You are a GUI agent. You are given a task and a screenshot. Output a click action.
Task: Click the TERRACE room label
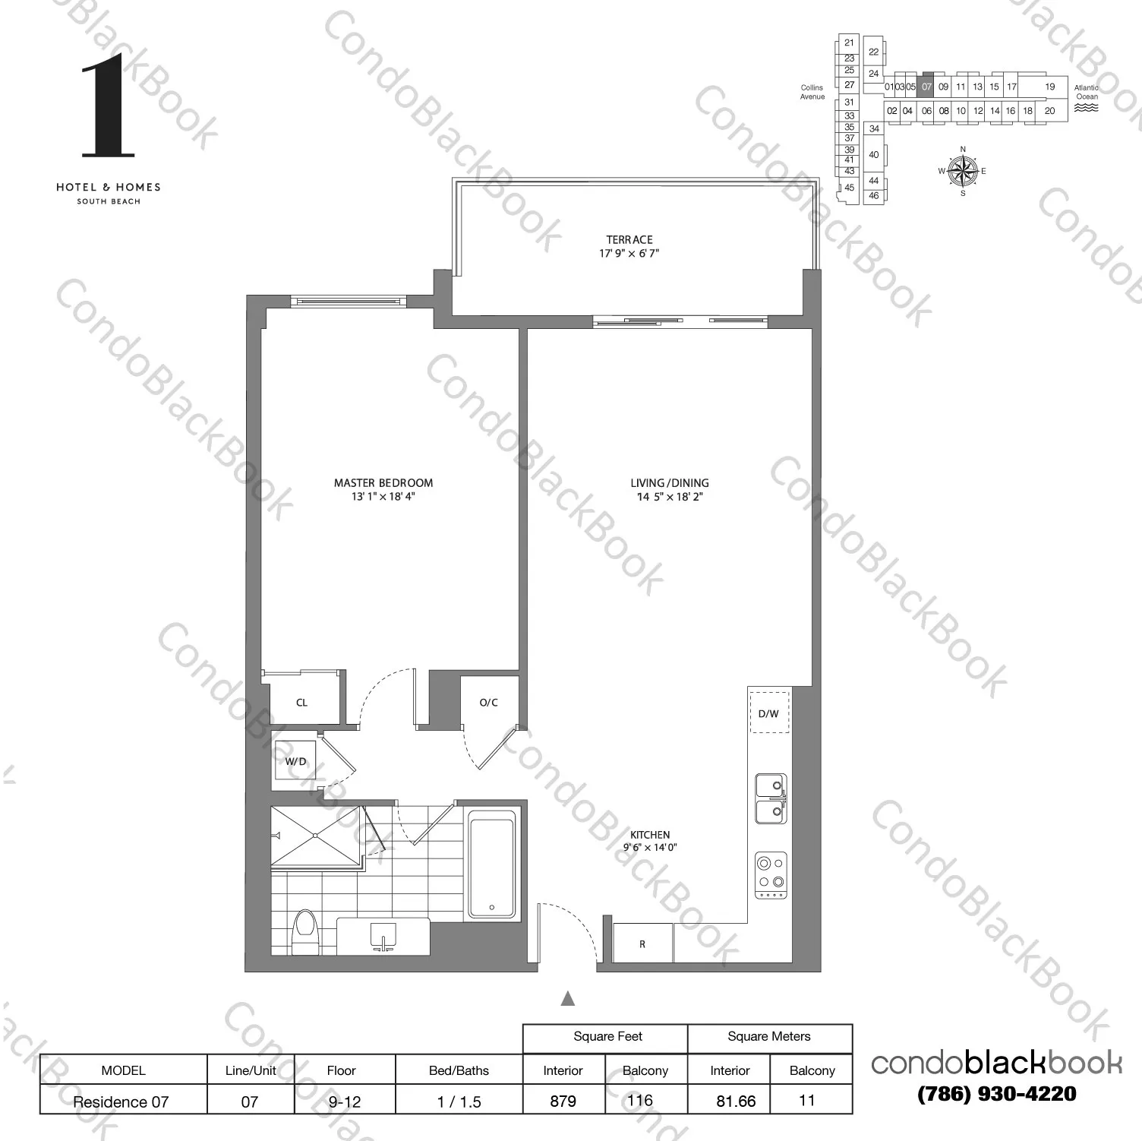[629, 239]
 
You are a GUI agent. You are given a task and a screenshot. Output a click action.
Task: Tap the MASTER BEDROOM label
[383, 483]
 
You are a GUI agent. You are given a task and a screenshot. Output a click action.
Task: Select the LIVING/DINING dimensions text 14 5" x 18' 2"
[670, 497]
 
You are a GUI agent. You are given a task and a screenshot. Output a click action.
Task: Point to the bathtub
[491, 864]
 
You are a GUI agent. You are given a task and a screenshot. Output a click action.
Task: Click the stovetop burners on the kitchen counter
[771, 874]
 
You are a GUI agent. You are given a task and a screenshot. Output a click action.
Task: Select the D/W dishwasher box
[769, 713]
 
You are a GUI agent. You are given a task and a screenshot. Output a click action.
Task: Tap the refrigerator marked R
[642, 944]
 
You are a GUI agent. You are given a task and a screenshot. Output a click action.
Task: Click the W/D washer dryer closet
[295, 761]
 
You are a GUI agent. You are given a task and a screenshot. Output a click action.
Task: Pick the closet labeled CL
[301, 703]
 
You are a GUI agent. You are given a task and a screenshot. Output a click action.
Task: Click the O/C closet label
[489, 703]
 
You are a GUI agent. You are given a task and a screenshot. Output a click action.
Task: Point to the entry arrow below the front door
[567, 999]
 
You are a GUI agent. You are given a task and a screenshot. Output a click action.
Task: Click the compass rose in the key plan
[962, 170]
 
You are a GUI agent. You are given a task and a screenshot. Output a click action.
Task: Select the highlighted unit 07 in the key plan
[926, 87]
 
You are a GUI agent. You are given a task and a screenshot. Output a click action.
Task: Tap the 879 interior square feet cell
[563, 1101]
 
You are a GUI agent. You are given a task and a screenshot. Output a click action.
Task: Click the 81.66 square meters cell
[736, 1101]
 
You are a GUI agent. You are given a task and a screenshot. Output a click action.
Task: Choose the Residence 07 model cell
[121, 1101]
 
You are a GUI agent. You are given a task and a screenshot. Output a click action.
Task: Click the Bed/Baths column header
[459, 1070]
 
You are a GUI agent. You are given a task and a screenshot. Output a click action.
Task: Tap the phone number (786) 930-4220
[996, 1095]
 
